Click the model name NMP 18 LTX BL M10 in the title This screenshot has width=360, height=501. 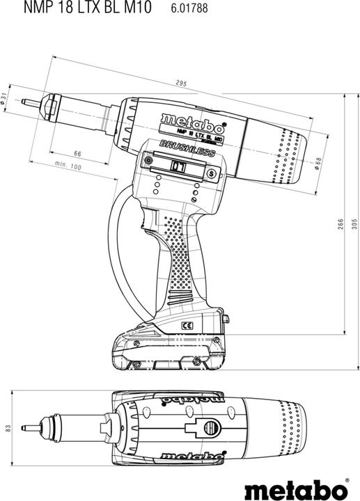pos(76,10)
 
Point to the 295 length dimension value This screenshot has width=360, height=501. pos(182,85)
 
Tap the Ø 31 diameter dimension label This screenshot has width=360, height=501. pos(5,100)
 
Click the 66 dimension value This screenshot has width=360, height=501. pos(78,154)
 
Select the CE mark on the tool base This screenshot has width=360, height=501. pos(186,325)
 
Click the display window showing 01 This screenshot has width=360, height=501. pos(177,167)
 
